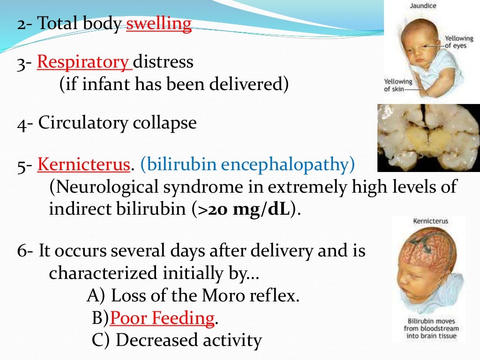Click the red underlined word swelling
(x=159, y=24)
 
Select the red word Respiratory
(x=84, y=62)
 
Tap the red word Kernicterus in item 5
(x=83, y=165)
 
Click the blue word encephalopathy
(x=288, y=165)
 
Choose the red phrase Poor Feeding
(x=162, y=319)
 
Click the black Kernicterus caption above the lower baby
(x=430, y=221)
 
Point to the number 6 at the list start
(x=22, y=251)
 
